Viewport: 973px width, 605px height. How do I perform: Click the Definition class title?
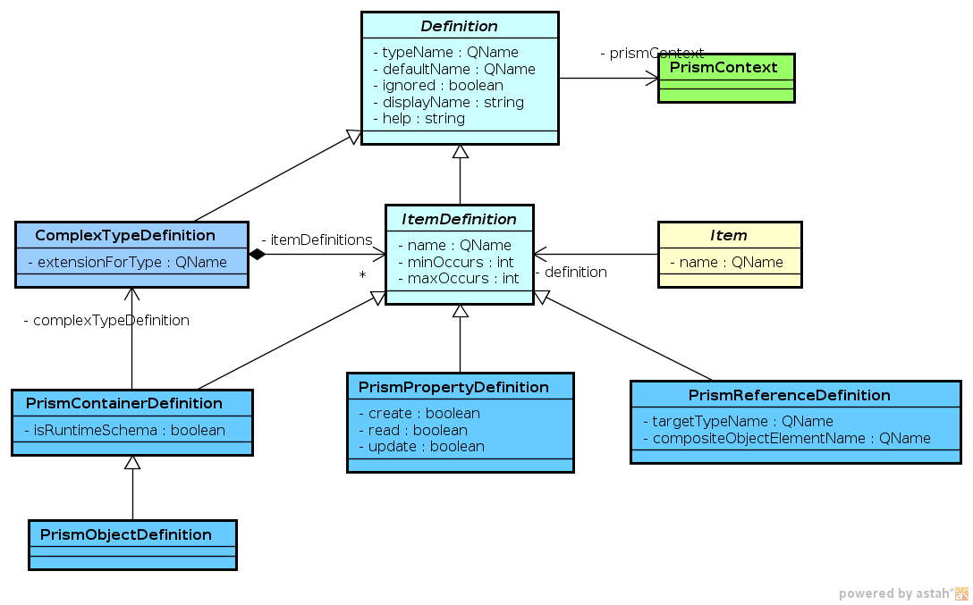460,26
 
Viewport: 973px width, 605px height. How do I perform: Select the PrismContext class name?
725,67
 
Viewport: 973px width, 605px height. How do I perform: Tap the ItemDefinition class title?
459,219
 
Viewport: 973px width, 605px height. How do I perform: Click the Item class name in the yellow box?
729,235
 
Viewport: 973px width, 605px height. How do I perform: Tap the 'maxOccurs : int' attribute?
458,278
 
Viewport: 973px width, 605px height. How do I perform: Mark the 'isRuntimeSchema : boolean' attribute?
130,430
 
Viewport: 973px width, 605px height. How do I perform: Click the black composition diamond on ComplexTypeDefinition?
258,255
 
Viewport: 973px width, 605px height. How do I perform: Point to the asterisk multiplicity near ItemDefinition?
362,275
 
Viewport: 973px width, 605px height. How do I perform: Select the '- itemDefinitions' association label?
317,239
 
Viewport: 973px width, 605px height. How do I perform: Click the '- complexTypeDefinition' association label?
106,320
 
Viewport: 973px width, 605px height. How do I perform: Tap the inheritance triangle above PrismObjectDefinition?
132,462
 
